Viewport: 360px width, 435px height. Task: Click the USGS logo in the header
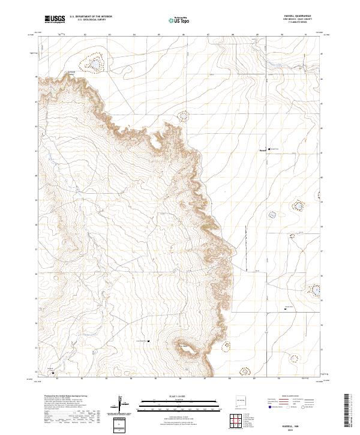(55, 19)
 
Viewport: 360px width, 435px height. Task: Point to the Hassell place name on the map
(262, 149)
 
